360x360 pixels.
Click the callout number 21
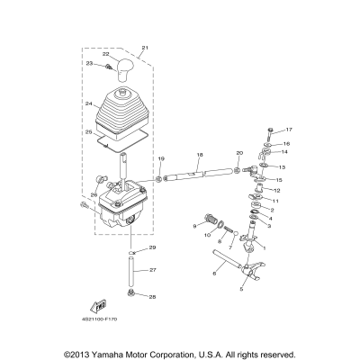tap(146, 46)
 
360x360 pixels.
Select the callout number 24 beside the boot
tap(89, 103)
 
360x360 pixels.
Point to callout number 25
tap(89, 133)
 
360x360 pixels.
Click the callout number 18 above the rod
tap(199, 156)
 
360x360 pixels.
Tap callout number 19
tap(161, 158)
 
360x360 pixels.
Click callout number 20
tap(238, 154)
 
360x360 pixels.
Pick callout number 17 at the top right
tap(290, 130)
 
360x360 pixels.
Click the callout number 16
tap(287, 142)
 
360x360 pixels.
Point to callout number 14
tap(284, 153)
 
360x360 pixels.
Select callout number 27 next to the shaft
tap(153, 270)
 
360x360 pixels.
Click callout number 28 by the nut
tap(153, 296)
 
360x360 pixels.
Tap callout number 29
tap(153, 247)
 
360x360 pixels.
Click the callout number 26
tap(93, 194)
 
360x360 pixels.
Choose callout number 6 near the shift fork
tap(215, 271)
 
